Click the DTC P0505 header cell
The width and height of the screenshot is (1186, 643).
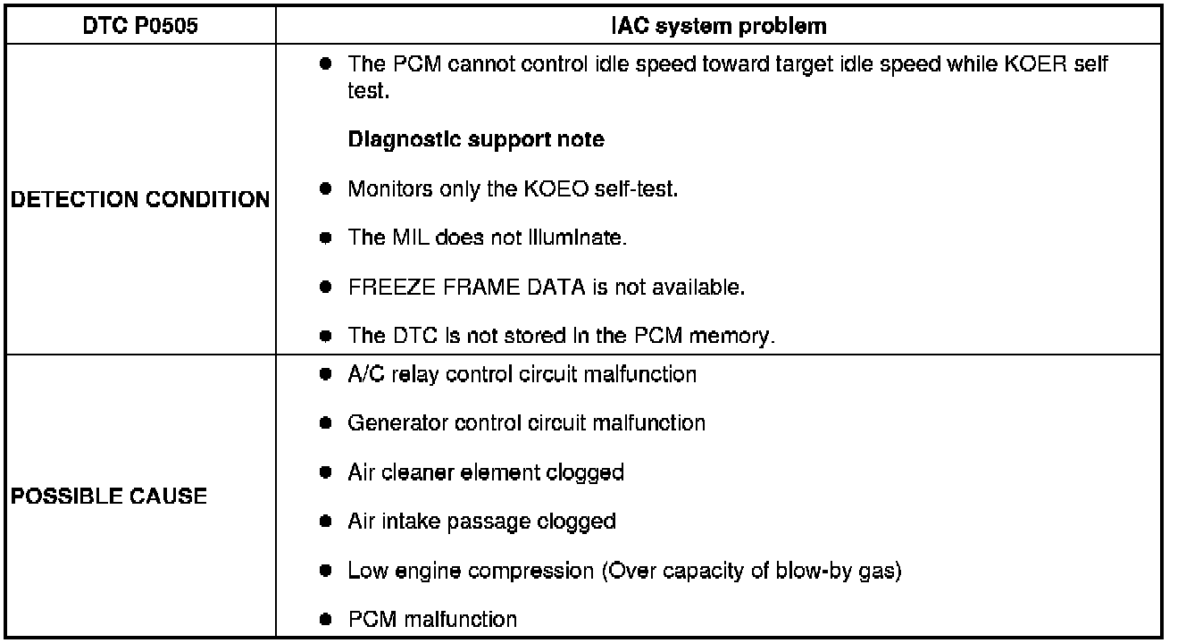point(138,26)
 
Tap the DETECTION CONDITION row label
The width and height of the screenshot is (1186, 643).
point(139,200)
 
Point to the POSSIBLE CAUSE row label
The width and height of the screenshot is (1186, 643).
point(108,496)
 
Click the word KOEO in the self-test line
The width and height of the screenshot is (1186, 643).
point(525,189)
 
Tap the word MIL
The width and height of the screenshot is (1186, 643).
point(401,238)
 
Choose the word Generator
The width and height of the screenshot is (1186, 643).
point(390,422)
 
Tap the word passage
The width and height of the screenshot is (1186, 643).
point(487,521)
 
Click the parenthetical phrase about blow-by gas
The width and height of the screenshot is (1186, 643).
point(752,570)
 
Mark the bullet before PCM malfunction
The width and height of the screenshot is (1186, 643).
point(328,619)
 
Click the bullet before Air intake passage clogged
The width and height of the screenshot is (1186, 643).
point(328,521)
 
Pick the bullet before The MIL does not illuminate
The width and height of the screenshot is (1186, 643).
point(328,238)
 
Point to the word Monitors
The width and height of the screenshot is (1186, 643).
point(388,189)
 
